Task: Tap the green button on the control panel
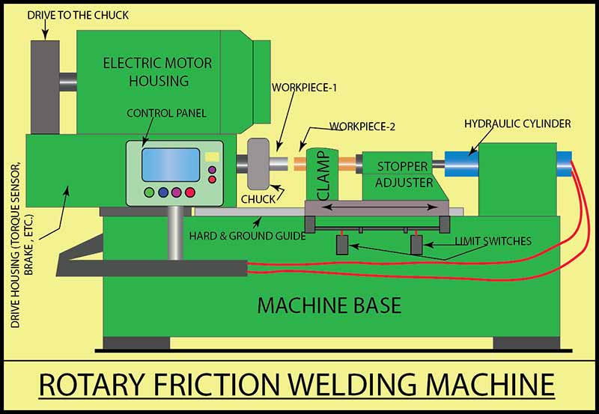click(x=149, y=192)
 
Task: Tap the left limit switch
click(x=342, y=245)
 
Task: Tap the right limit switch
click(x=416, y=245)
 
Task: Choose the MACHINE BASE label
click(x=329, y=305)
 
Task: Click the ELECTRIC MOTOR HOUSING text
click(x=157, y=71)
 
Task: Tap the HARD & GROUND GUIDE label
click(x=247, y=236)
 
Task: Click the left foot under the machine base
click(x=126, y=344)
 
